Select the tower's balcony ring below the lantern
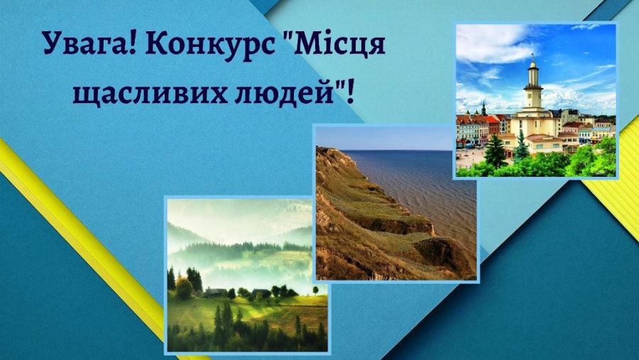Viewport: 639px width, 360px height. point(532,86)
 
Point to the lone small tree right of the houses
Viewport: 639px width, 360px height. point(315,290)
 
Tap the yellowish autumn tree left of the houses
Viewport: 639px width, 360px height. point(184,288)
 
